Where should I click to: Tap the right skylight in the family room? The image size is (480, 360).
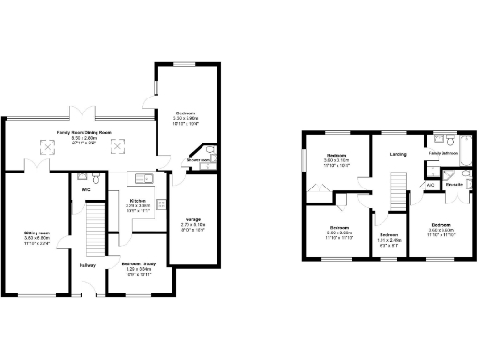pos(119,146)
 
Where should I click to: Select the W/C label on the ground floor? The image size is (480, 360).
pos(86,189)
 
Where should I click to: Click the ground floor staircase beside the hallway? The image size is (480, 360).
pos(93,230)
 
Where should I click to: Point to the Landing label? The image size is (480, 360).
pos(397,154)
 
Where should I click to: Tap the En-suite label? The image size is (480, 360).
pos(454,185)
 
